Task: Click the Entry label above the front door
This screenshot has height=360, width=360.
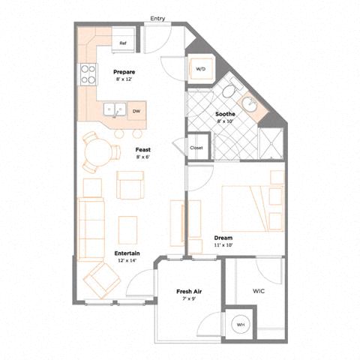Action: point(157,19)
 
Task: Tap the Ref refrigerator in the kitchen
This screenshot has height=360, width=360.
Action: point(123,40)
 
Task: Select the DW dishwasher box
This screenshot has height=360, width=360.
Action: point(136,111)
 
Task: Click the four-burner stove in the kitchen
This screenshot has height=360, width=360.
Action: point(88,74)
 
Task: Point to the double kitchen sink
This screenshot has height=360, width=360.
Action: point(115,109)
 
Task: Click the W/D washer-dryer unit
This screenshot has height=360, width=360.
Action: point(201,69)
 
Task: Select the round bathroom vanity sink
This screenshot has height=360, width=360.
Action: point(249,106)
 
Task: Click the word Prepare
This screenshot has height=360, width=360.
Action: point(124,72)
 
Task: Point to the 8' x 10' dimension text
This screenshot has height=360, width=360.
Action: point(225,121)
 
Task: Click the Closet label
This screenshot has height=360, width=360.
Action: point(196,148)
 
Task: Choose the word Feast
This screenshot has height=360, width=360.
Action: point(143,150)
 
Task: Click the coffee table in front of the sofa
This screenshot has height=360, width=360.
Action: point(127,230)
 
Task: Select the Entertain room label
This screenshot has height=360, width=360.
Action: point(127,253)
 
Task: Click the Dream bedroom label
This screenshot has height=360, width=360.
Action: point(223,238)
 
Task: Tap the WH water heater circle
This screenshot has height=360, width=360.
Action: point(241,325)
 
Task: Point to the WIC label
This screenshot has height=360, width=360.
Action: point(259,291)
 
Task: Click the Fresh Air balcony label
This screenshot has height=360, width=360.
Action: point(189,292)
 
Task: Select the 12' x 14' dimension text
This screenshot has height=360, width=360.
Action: point(127,260)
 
